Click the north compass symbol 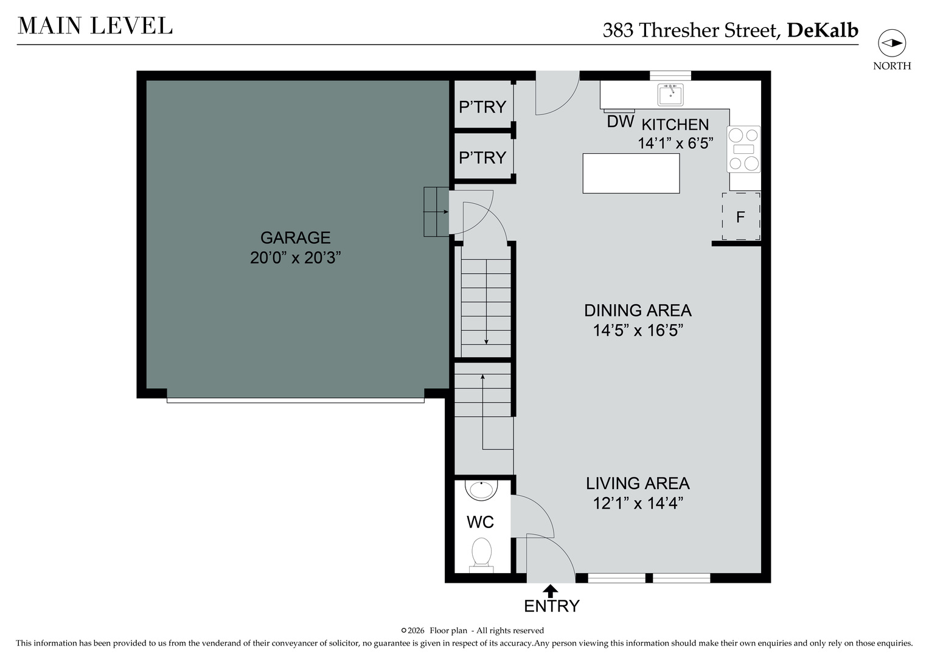(891, 43)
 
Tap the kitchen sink (670, 95)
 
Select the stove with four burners (744, 149)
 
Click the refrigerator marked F (740, 217)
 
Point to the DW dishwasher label (620, 122)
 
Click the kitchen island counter (631, 173)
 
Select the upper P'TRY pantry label (482, 107)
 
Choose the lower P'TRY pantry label (482, 158)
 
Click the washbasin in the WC (482, 489)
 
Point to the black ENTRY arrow (551, 590)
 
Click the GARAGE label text (295, 237)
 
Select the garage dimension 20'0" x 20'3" (295, 258)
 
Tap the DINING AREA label (638, 310)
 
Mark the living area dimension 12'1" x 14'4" (638, 504)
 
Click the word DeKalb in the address (822, 30)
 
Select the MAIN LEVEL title (95, 26)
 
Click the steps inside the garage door (436, 212)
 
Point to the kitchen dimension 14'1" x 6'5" (675, 144)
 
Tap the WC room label (480, 522)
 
